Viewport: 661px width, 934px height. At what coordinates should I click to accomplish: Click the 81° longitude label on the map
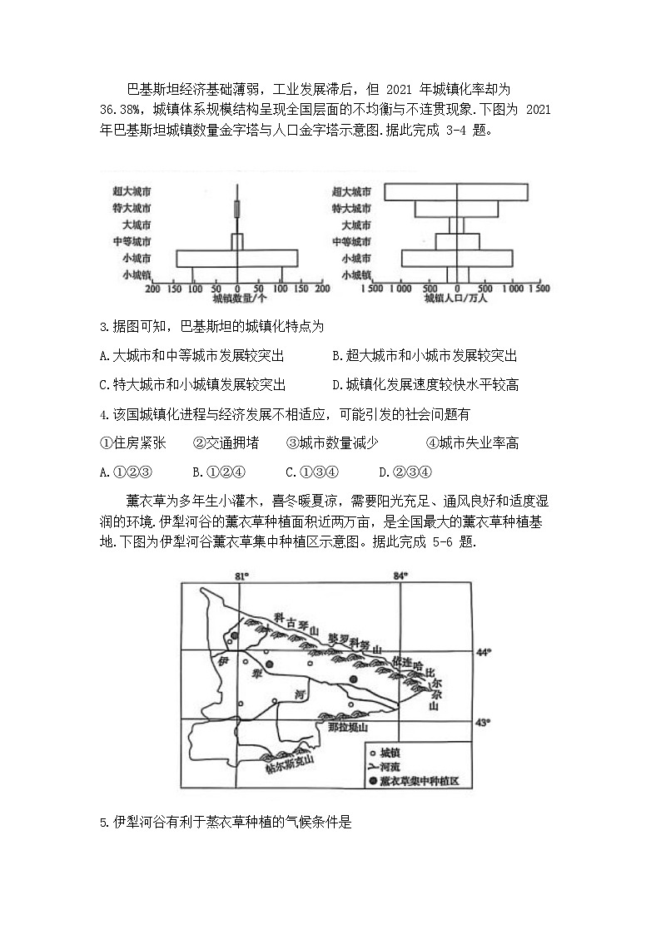click(242, 576)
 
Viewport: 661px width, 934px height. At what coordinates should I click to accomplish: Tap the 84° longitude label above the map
click(402, 576)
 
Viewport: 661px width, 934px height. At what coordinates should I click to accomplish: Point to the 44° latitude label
click(484, 652)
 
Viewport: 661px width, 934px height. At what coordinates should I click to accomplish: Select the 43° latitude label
click(484, 723)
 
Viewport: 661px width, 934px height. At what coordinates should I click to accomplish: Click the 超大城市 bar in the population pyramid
click(455, 191)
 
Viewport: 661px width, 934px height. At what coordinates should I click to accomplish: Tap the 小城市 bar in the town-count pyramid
click(236, 259)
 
